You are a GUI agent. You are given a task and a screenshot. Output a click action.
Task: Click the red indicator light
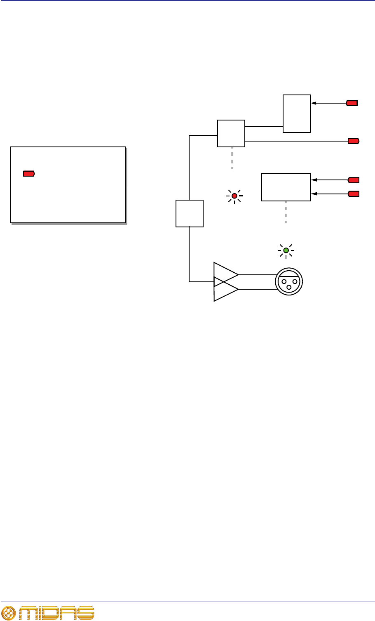point(234,196)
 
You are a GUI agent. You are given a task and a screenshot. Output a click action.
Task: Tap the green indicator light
point(286,250)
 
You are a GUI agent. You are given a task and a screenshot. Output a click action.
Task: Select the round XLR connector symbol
point(289,282)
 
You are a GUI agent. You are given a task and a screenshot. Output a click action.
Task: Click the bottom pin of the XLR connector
point(289,287)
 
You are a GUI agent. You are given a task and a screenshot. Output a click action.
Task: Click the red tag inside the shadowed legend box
point(29,174)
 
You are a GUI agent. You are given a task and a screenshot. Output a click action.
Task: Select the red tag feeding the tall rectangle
point(352,103)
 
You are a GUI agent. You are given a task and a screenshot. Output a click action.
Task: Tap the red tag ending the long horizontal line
point(354,141)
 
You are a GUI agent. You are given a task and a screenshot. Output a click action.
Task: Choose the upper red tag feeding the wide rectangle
point(354,180)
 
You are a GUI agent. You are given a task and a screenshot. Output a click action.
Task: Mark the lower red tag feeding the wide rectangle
point(354,194)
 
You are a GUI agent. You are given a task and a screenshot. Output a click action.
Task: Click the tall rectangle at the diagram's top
point(297,113)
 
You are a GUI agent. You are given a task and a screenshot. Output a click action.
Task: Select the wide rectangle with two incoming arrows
point(286,187)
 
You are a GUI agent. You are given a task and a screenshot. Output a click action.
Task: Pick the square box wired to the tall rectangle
point(231,133)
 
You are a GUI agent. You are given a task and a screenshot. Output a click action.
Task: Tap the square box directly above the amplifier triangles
point(190,213)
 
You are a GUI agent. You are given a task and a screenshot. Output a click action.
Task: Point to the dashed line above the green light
point(286,213)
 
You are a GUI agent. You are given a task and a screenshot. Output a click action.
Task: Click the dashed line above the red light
point(232,158)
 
